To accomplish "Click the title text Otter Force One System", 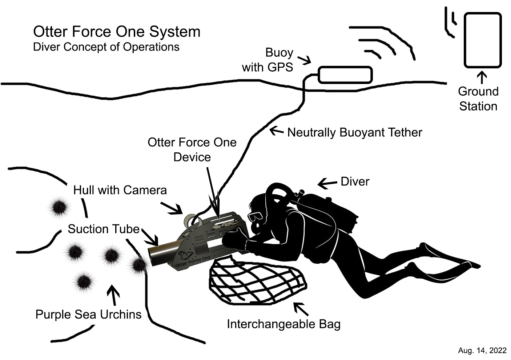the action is (x=117, y=32).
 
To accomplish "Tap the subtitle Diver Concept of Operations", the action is (x=106, y=47).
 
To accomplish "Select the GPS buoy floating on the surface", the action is (x=345, y=75).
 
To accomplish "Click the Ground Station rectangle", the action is (x=483, y=40).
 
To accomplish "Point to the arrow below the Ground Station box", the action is (x=482, y=77).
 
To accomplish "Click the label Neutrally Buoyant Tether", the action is (x=355, y=132).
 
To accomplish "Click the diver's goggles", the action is (x=255, y=216).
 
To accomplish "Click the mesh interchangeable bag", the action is (x=258, y=281).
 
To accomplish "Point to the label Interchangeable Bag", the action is (x=283, y=324).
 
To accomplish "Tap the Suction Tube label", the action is (x=104, y=229).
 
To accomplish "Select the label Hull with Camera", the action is (x=120, y=190).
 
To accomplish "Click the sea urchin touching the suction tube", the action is (x=138, y=265).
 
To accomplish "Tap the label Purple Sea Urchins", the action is (x=89, y=314).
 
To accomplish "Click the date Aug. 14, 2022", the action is (x=482, y=351).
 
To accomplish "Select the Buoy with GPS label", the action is (x=267, y=60).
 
